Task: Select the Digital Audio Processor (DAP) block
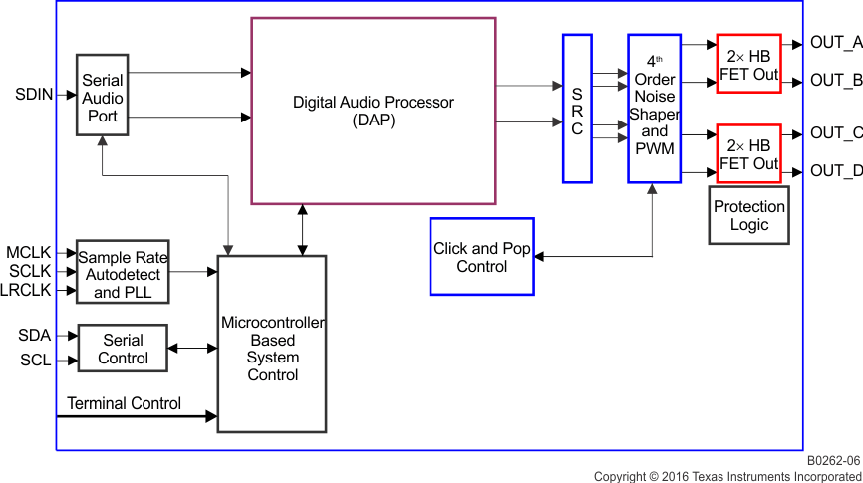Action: tap(373, 111)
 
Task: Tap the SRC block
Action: tap(577, 110)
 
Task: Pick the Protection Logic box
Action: tap(748, 215)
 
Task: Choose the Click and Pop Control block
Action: tap(481, 257)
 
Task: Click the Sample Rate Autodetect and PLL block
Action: tap(123, 272)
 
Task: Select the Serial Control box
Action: tap(123, 349)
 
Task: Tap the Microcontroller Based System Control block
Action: tap(272, 345)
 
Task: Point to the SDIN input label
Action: tap(34, 95)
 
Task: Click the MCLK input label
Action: tap(28, 253)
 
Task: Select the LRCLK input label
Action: tap(26, 291)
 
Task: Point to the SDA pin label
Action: tap(34, 336)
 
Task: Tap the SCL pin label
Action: tap(35, 360)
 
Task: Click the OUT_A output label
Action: tap(835, 43)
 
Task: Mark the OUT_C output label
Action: tap(835, 133)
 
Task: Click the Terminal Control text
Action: tap(124, 403)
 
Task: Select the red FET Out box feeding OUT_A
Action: tap(748, 64)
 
